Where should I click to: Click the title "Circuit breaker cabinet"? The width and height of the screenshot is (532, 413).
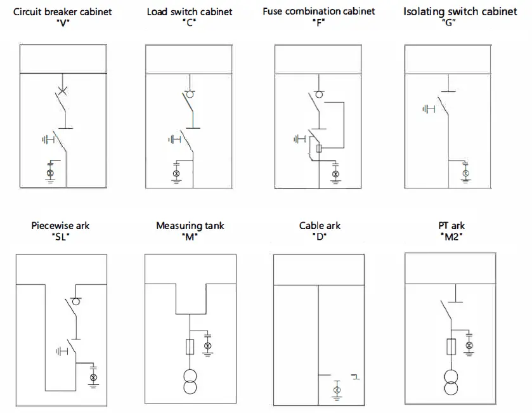[63, 11]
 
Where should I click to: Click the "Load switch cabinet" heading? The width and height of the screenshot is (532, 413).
[190, 11]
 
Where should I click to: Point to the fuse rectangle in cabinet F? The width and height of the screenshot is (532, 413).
[319, 148]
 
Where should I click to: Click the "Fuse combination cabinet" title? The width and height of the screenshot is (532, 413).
[319, 11]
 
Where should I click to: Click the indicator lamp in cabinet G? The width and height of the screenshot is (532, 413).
[465, 173]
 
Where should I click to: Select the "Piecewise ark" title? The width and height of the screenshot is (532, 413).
[60, 225]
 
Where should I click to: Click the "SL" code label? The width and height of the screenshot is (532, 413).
[60, 237]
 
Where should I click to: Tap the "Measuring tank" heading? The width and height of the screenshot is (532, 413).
[190, 225]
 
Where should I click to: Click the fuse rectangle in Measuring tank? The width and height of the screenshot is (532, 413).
[190, 346]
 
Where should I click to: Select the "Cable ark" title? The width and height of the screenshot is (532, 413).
[320, 225]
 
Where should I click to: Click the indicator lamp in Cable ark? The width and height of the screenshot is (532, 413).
[337, 389]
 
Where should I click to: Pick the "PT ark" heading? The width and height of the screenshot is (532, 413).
[451, 225]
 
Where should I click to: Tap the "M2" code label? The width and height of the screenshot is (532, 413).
[451, 237]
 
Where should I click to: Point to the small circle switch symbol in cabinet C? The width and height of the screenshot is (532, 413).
[188, 95]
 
